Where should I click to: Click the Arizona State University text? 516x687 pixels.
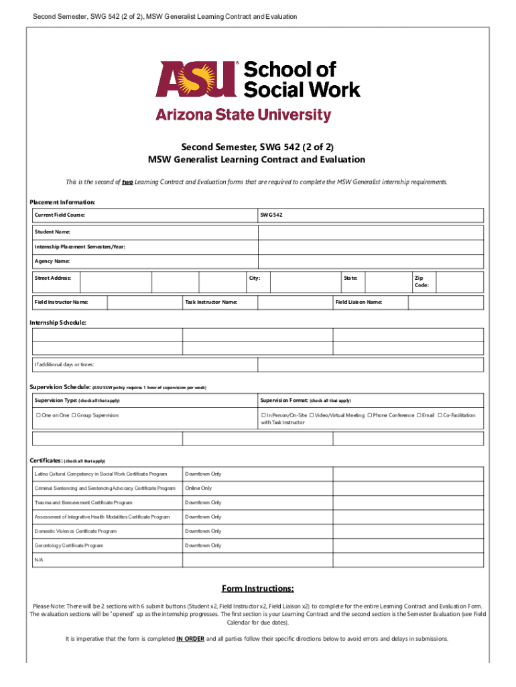[x=243, y=115]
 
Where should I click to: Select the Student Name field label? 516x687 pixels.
[x=53, y=231]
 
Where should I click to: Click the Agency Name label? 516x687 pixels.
[x=52, y=261]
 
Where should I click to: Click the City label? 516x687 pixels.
[x=255, y=277]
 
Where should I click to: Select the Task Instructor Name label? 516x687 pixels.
[x=211, y=302]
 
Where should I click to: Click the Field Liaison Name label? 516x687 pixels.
[x=359, y=302]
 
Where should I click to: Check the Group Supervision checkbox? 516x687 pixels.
[x=74, y=415]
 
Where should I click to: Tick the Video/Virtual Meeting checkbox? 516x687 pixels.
[x=312, y=415]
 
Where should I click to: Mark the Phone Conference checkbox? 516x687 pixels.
[x=370, y=415]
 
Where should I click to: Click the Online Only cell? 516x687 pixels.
[x=198, y=488]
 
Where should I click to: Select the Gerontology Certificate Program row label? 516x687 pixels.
[x=69, y=545]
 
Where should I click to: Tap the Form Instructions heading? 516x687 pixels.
[x=259, y=589]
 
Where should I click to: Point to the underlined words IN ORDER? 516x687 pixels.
[x=190, y=639]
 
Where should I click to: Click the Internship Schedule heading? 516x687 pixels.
[x=58, y=323]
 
